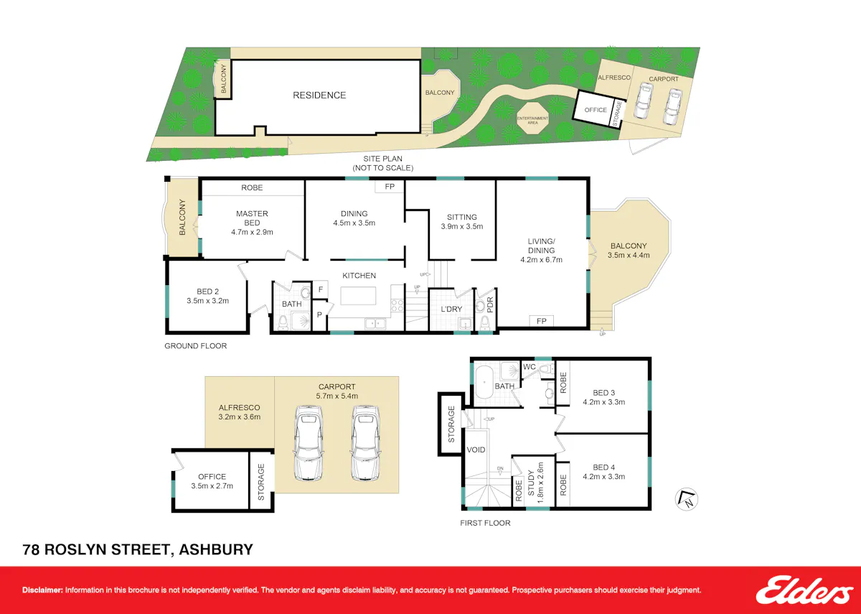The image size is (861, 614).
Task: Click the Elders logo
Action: click(x=804, y=590)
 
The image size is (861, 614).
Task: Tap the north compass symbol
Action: click(x=687, y=499)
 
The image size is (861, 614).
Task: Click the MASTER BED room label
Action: click(x=252, y=218)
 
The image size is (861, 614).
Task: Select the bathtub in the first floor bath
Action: click(x=484, y=383)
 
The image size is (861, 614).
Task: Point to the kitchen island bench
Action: click(x=358, y=296)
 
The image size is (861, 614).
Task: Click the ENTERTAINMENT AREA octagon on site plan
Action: click(x=532, y=118)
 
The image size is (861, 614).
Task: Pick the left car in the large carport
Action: click(x=308, y=443)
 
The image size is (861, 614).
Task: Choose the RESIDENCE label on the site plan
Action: click(x=319, y=95)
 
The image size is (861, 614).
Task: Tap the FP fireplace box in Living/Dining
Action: click(x=541, y=321)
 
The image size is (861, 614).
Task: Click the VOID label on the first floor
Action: click(x=476, y=450)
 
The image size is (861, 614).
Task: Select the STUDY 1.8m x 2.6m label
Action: click(x=536, y=483)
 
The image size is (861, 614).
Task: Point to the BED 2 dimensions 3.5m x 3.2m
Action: click(x=208, y=301)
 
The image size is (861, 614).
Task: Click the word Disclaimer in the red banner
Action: click(x=42, y=590)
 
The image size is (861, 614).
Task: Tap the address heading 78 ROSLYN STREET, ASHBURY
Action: click(x=138, y=549)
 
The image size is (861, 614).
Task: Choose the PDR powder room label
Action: click(x=489, y=304)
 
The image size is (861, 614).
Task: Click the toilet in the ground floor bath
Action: click(x=283, y=322)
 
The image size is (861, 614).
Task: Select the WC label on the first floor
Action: click(x=530, y=367)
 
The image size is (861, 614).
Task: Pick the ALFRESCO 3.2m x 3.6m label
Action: click(x=239, y=412)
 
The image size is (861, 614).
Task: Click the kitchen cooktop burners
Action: click(x=397, y=306)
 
